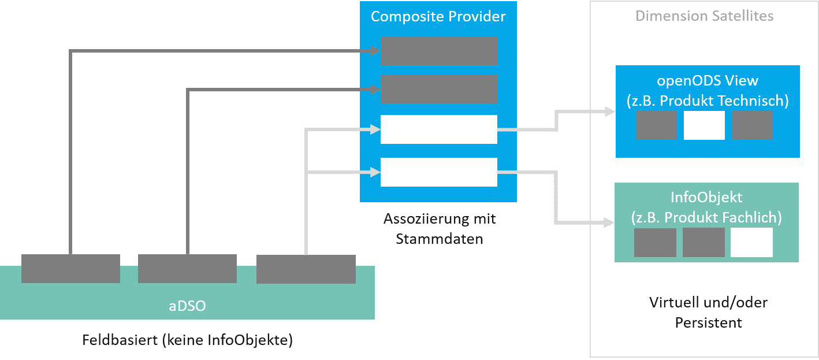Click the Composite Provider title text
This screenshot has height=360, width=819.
click(x=438, y=17)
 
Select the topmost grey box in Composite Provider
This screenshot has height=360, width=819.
click(x=439, y=51)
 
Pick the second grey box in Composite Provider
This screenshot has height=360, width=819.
click(x=439, y=89)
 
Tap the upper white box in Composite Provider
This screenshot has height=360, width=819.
click(x=439, y=129)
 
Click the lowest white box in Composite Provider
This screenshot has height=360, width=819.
click(x=439, y=172)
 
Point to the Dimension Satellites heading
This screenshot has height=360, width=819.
click(x=704, y=16)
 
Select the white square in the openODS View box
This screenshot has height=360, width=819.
click(x=704, y=125)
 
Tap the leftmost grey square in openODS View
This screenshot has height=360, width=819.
click(x=656, y=125)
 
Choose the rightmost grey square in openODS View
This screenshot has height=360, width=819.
click(x=752, y=125)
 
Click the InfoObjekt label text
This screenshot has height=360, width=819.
click(x=706, y=197)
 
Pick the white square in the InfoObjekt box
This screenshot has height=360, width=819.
click(x=751, y=242)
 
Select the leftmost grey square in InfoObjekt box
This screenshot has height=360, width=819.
click(x=655, y=242)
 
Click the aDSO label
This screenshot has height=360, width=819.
click(x=187, y=306)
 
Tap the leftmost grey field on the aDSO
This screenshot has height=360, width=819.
click(x=70, y=269)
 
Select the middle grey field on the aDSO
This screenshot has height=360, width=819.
click(x=187, y=269)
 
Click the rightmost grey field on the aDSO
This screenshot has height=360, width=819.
click(x=306, y=269)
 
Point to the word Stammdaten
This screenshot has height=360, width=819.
click(x=439, y=239)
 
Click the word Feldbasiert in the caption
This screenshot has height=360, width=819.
click(x=119, y=340)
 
